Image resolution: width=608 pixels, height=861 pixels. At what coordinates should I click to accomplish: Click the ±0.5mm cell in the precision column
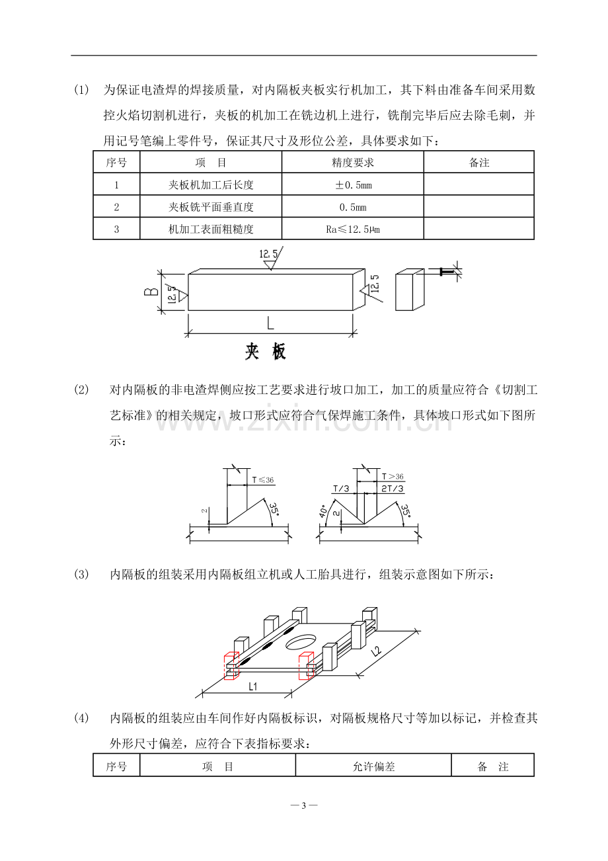click(353, 185)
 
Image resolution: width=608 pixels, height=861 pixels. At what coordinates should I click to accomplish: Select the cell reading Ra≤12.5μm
click(353, 229)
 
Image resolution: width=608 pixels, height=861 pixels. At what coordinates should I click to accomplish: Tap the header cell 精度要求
click(353, 163)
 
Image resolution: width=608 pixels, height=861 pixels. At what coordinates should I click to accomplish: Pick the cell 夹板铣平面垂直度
click(211, 207)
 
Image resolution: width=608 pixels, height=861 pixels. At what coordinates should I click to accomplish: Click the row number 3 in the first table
click(116, 229)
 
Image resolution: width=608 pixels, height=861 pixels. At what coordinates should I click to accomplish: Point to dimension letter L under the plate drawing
click(270, 323)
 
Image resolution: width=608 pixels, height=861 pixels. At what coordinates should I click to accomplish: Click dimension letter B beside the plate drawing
click(151, 292)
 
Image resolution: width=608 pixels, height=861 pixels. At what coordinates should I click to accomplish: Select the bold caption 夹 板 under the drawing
click(266, 351)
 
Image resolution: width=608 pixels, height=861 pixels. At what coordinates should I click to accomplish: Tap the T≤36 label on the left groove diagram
click(263, 480)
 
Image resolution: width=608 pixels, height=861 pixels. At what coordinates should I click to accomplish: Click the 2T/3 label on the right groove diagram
click(393, 489)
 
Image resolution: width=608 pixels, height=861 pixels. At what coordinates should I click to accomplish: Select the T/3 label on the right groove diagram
click(341, 489)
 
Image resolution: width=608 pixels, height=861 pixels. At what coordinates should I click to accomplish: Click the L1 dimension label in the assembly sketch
click(252, 686)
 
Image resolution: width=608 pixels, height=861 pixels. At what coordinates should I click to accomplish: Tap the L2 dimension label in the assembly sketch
click(377, 651)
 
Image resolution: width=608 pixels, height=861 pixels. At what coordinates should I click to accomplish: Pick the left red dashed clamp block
click(231, 665)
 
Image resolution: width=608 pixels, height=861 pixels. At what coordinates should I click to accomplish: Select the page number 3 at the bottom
click(304, 805)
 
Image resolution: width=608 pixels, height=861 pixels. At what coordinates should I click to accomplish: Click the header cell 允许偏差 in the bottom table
click(373, 767)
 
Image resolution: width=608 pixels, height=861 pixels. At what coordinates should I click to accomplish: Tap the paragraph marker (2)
click(81, 389)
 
